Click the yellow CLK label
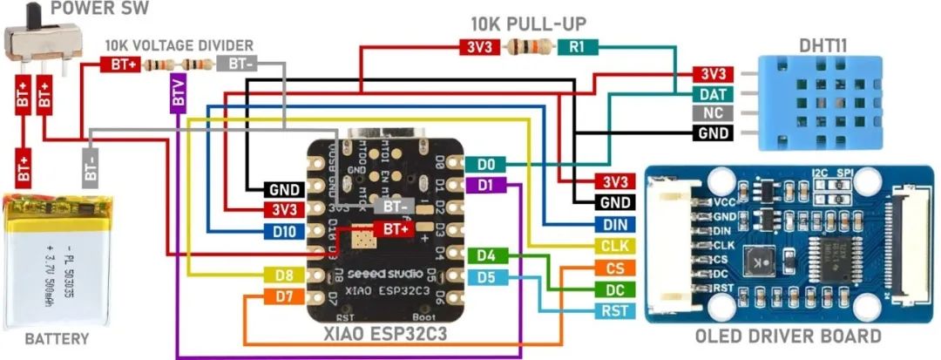point(615,246)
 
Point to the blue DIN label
point(615,225)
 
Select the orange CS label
point(615,268)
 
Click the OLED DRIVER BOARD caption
point(788,336)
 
